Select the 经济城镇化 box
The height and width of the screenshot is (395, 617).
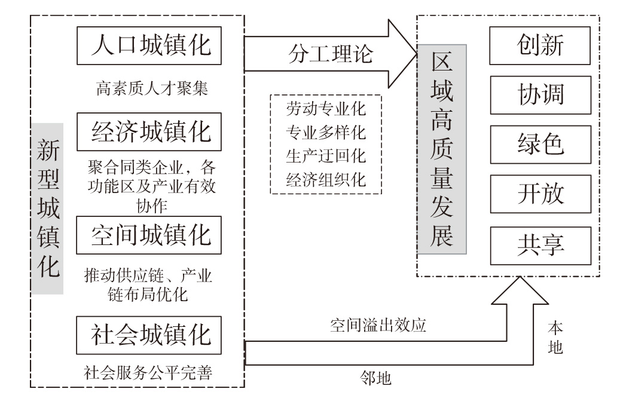pyautogui.click(x=149, y=132)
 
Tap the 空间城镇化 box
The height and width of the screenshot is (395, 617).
pyautogui.click(x=149, y=235)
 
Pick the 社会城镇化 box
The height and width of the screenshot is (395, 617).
pyautogui.click(x=149, y=335)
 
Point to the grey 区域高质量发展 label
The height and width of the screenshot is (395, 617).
pyautogui.click(x=442, y=149)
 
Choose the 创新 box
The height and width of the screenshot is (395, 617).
pyautogui.click(x=540, y=45)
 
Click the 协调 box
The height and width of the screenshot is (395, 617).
pyautogui.click(x=540, y=95)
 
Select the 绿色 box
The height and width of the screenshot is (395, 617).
pyautogui.click(x=540, y=145)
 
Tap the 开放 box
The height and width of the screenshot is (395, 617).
pyautogui.click(x=540, y=194)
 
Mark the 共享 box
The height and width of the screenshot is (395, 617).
pyautogui.click(x=540, y=245)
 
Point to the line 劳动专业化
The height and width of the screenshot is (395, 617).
pyautogui.click(x=326, y=110)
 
